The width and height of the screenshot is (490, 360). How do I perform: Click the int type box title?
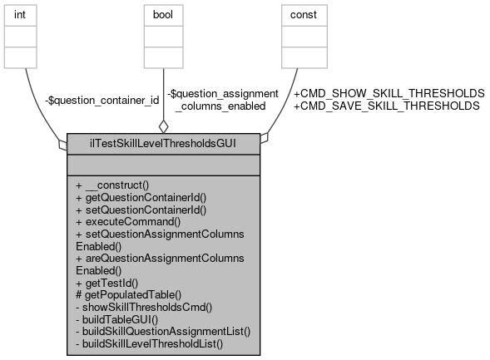[x=28, y=13]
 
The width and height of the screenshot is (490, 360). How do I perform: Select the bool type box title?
[x=164, y=13]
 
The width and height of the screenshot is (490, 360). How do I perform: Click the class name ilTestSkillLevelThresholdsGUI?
[x=164, y=142]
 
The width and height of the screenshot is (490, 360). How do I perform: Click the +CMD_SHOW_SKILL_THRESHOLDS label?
[x=389, y=93]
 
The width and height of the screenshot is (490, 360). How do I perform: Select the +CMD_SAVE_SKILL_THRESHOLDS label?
[x=386, y=106]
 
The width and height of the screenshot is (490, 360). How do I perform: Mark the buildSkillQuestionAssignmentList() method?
[x=163, y=330]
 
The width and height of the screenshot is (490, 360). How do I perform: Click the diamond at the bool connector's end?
[x=164, y=126]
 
